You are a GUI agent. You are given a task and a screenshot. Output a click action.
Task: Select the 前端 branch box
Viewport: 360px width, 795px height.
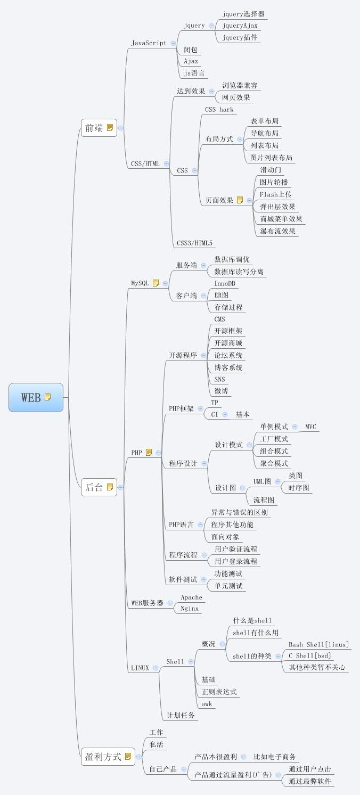click(x=99, y=128)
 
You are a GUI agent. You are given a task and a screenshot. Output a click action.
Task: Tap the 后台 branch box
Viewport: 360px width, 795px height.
click(x=99, y=487)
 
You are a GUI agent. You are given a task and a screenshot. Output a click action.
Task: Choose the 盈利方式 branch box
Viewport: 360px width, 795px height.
click(x=108, y=756)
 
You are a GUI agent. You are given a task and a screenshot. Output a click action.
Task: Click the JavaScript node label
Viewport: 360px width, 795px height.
click(x=149, y=43)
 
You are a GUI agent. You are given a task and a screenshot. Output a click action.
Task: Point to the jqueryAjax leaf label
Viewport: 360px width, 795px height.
click(x=240, y=26)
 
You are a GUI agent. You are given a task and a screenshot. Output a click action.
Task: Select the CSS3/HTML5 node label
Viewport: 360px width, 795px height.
click(x=195, y=243)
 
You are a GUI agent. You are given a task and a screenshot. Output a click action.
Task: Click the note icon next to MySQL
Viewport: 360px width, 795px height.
click(x=156, y=283)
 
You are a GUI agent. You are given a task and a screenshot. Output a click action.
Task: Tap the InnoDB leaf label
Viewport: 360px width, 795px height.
click(x=225, y=284)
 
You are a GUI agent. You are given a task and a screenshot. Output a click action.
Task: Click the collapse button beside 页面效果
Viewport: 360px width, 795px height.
click(x=250, y=201)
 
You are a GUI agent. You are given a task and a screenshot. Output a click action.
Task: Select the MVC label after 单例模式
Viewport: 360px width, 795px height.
click(x=310, y=427)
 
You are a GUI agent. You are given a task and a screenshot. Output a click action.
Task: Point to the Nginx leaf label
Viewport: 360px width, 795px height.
click(x=190, y=608)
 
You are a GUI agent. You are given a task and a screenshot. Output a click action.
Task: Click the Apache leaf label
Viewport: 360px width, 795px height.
click(x=191, y=597)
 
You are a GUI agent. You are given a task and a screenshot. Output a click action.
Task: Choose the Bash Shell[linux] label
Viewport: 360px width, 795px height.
click(x=318, y=645)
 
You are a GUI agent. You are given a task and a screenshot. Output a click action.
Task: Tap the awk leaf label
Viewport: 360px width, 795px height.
click(x=207, y=704)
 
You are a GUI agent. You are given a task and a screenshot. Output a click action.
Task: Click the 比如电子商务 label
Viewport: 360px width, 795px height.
click(x=275, y=757)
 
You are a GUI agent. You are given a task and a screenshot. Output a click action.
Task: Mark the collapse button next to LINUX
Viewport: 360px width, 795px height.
click(x=156, y=668)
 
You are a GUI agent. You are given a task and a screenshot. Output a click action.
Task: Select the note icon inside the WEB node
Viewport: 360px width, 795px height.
click(x=48, y=397)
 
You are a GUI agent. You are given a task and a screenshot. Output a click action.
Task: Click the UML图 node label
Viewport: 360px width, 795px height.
click(x=262, y=481)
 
